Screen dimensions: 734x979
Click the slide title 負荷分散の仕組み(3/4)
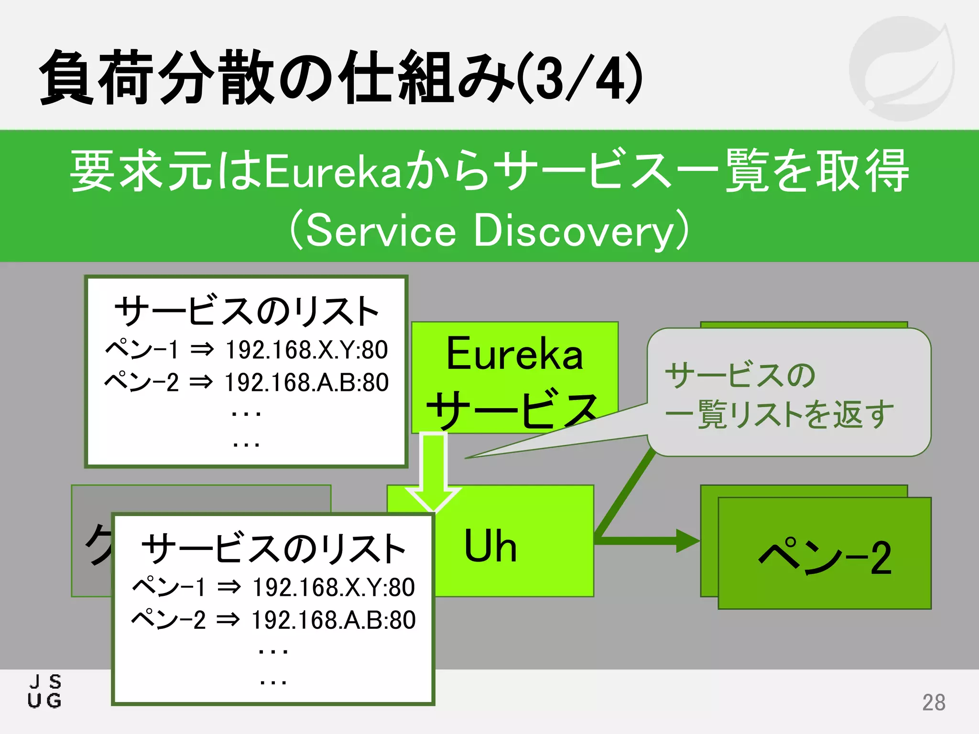(340, 77)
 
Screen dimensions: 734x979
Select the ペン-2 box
(824, 557)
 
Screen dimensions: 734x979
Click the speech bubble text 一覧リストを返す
(779, 414)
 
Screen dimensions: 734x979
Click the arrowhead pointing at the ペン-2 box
(687, 541)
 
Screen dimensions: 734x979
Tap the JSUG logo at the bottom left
(45, 691)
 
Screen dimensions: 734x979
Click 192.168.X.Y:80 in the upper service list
(306, 350)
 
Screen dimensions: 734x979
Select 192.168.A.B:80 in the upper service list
(306, 383)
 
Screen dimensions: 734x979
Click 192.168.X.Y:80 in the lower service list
(333, 587)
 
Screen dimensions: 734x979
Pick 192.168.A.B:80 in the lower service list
(333, 620)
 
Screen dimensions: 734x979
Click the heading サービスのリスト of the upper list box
(247, 312)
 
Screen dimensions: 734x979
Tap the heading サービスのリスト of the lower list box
(273, 549)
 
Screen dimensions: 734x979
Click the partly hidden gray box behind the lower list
(91, 540)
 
